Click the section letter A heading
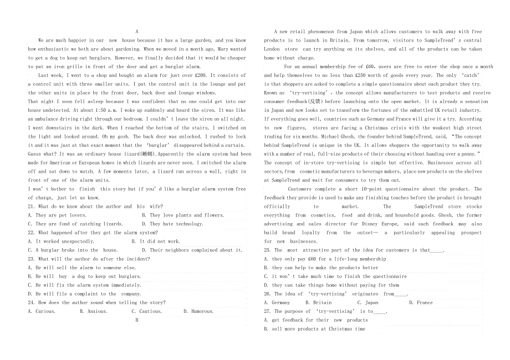click(x=136, y=32)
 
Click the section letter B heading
click(x=136, y=320)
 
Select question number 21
click(x=31, y=207)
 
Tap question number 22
click(x=31, y=233)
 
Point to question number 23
click(x=31, y=259)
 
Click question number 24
click(x=31, y=302)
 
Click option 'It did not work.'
click(x=156, y=241)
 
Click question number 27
click(x=267, y=311)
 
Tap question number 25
click(x=267, y=250)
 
